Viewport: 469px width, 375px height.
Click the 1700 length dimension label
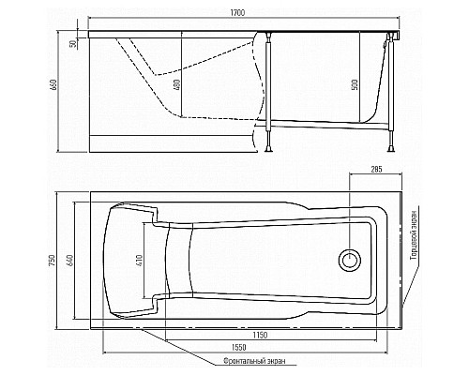point(237,13)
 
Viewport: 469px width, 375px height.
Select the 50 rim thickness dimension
point(72,44)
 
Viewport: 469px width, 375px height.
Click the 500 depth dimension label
point(356,84)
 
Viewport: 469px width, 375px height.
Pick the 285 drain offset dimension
point(376,170)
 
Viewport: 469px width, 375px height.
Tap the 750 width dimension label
point(53,261)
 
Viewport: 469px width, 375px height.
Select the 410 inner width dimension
point(140,261)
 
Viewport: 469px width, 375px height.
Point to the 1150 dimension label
point(260,335)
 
